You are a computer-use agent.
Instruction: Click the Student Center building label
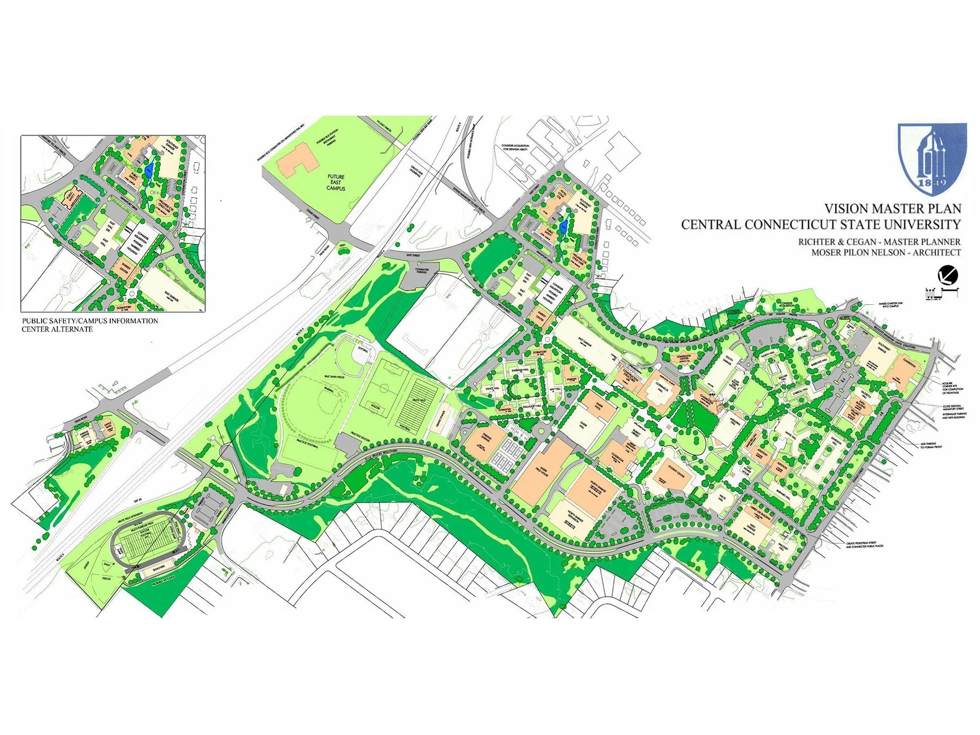pos(677,474)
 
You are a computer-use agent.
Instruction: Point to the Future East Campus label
pos(336,182)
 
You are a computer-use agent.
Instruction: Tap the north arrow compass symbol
pos(948,275)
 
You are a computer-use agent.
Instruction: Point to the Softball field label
pos(363,349)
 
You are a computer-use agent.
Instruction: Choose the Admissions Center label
pos(684,357)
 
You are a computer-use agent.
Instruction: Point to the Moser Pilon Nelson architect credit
pos(886,253)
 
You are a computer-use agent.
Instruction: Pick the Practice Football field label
pos(307,443)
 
